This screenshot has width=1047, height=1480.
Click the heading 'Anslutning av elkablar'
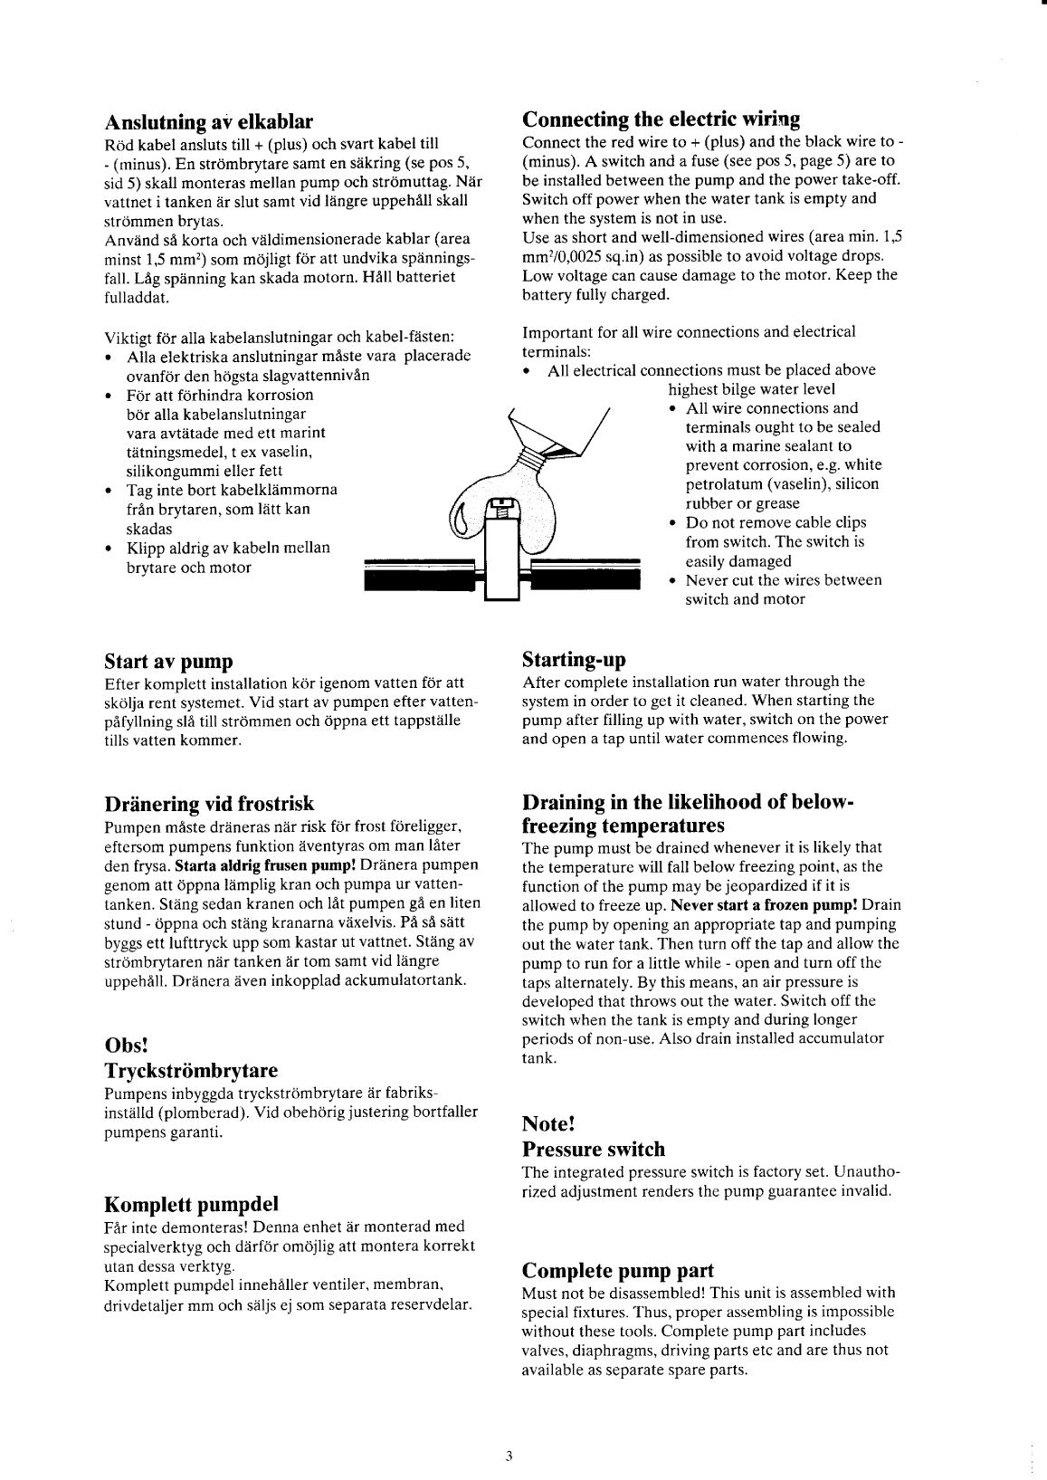pos(209,121)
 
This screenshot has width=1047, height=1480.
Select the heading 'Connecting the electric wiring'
pos(661,119)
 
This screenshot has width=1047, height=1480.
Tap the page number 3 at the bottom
pos(509,1456)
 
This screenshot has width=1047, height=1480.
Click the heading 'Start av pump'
pos(168,660)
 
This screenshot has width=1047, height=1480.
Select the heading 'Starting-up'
pos(574,658)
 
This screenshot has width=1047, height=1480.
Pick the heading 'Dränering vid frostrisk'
pos(209,804)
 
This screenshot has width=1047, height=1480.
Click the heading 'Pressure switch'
pos(594,1150)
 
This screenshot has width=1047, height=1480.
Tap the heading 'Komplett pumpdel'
pos(191,1204)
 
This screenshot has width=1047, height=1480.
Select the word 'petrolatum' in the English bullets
pos(720,484)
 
